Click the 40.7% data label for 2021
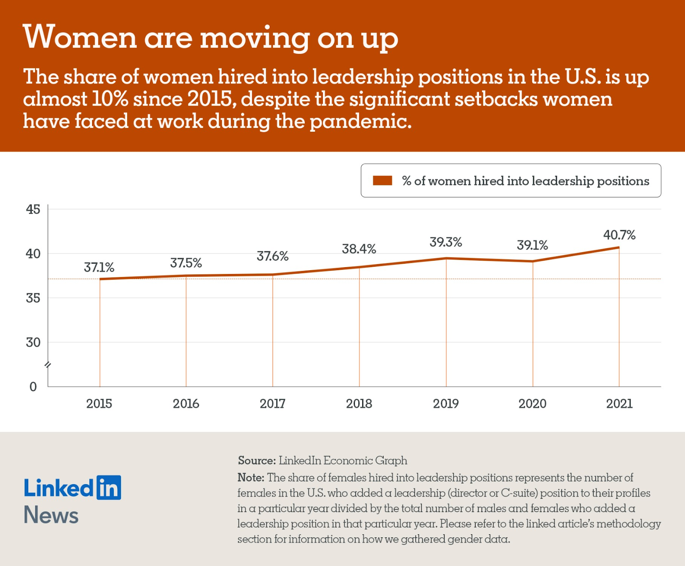point(619,235)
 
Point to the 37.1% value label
point(99,268)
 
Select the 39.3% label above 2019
point(446,242)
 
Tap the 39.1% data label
point(532,245)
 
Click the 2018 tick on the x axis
point(359,404)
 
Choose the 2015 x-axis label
point(99,404)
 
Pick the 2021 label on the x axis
point(619,404)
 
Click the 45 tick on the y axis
point(33,209)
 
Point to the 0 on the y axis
point(33,387)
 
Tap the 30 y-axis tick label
point(33,343)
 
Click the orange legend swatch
point(382,181)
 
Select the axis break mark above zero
point(48,365)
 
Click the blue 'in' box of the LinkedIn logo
point(109,488)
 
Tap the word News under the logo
point(51,515)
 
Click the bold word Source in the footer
point(256,461)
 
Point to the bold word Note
point(250,478)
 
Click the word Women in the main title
point(80,38)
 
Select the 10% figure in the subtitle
point(110,99)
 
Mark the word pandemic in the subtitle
point(360,122)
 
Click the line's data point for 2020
point(533,261)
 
